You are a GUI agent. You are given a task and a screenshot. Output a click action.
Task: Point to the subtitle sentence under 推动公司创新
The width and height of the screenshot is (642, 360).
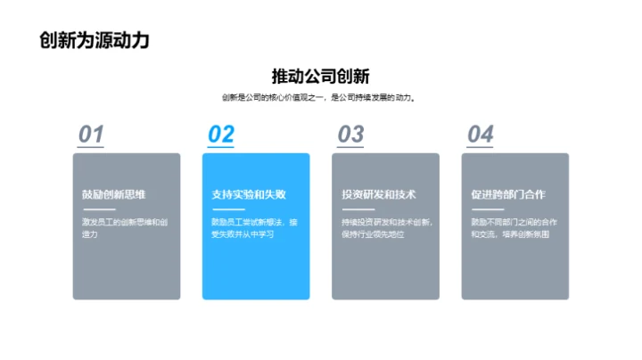pyautogui.click(x=321, y=97)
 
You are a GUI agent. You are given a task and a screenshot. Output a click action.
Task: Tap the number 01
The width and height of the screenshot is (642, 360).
pyautogui.click(x=91, y=134)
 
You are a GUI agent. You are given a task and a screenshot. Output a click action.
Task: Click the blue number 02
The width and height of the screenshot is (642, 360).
pyautogui.click(x=221, y=134)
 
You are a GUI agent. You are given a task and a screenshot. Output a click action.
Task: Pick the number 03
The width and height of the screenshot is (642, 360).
pyautogui.click(x=350, y=134)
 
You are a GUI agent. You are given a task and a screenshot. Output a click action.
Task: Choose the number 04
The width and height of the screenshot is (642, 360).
pyautogui.click(x=481, y=134)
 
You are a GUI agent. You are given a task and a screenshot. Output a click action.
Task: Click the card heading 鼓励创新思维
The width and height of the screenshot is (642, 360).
pyautogui.click(x=111, y=194)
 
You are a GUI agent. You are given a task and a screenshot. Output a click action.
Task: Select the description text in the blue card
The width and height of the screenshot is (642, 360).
pyautogui.click(x=253, y=228)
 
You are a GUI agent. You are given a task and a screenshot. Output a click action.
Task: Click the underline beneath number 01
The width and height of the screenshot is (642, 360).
pyautogui.click(x=91, y=147)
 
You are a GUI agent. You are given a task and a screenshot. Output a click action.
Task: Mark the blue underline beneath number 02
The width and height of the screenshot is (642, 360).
pyautogui.click(x=220, y=147)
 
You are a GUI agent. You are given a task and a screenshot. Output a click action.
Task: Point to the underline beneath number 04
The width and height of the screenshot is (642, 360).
pyautogui.click(x=480, y=147)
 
